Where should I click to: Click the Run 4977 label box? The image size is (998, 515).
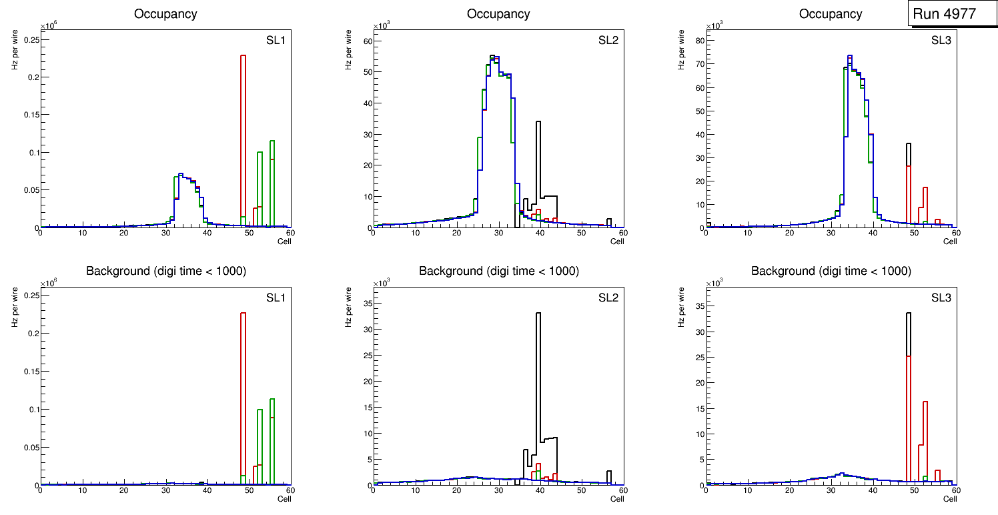click(x=949, y=13)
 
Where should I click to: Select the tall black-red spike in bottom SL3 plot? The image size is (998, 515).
click(x=908, y=400)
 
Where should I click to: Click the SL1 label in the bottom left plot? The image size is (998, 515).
click(x=276, y=297)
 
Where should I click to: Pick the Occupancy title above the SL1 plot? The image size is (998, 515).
click(x=165, y=13)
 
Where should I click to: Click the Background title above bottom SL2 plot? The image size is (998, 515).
click(x=498, y=271)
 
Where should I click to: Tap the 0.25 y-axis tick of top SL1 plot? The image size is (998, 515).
click(x=30, y=39)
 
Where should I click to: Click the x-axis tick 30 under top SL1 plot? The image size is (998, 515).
click(x=165, y=233)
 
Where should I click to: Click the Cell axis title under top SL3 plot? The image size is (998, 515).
click(x=950, y=241)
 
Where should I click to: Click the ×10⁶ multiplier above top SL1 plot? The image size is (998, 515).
click(x=48, y=26)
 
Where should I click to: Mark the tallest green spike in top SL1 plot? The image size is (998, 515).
click(x=272, y=180)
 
